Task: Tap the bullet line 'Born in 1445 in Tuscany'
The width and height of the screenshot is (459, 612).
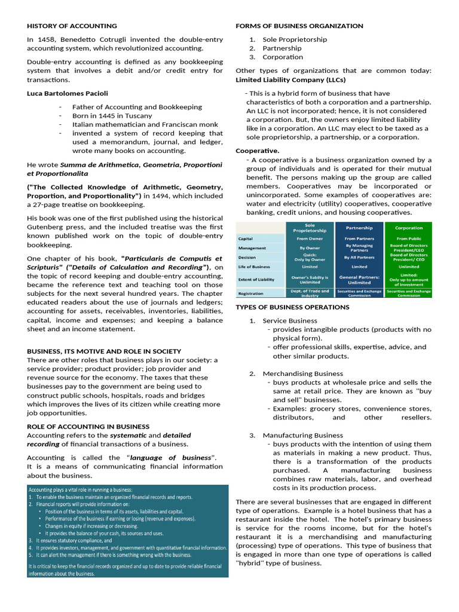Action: (x=112, y=115)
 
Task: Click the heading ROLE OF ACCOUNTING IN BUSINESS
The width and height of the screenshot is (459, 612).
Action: (x=88, y=426)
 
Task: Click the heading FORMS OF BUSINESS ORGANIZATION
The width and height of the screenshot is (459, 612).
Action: (x=299, y=26)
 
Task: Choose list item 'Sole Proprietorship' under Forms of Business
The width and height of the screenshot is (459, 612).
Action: (x=295, y=39)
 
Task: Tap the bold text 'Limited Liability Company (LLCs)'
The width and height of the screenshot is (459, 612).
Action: (x=290, y=79)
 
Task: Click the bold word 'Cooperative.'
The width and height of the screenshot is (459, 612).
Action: (x=258, y=151)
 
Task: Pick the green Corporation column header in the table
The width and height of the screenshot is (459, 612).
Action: (x=409, y=228)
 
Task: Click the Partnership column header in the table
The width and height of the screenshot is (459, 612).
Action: (x=359, y=228)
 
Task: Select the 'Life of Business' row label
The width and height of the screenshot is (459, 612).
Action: (x=254, y=267)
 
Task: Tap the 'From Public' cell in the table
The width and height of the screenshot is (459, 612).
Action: (x=409, y=238)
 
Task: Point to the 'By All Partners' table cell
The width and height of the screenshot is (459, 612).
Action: (x=359, y=257)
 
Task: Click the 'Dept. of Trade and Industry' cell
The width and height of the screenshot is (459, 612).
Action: (x=310, y=293)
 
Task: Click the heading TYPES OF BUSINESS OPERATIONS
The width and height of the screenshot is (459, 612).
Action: (x=292, y=307)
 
